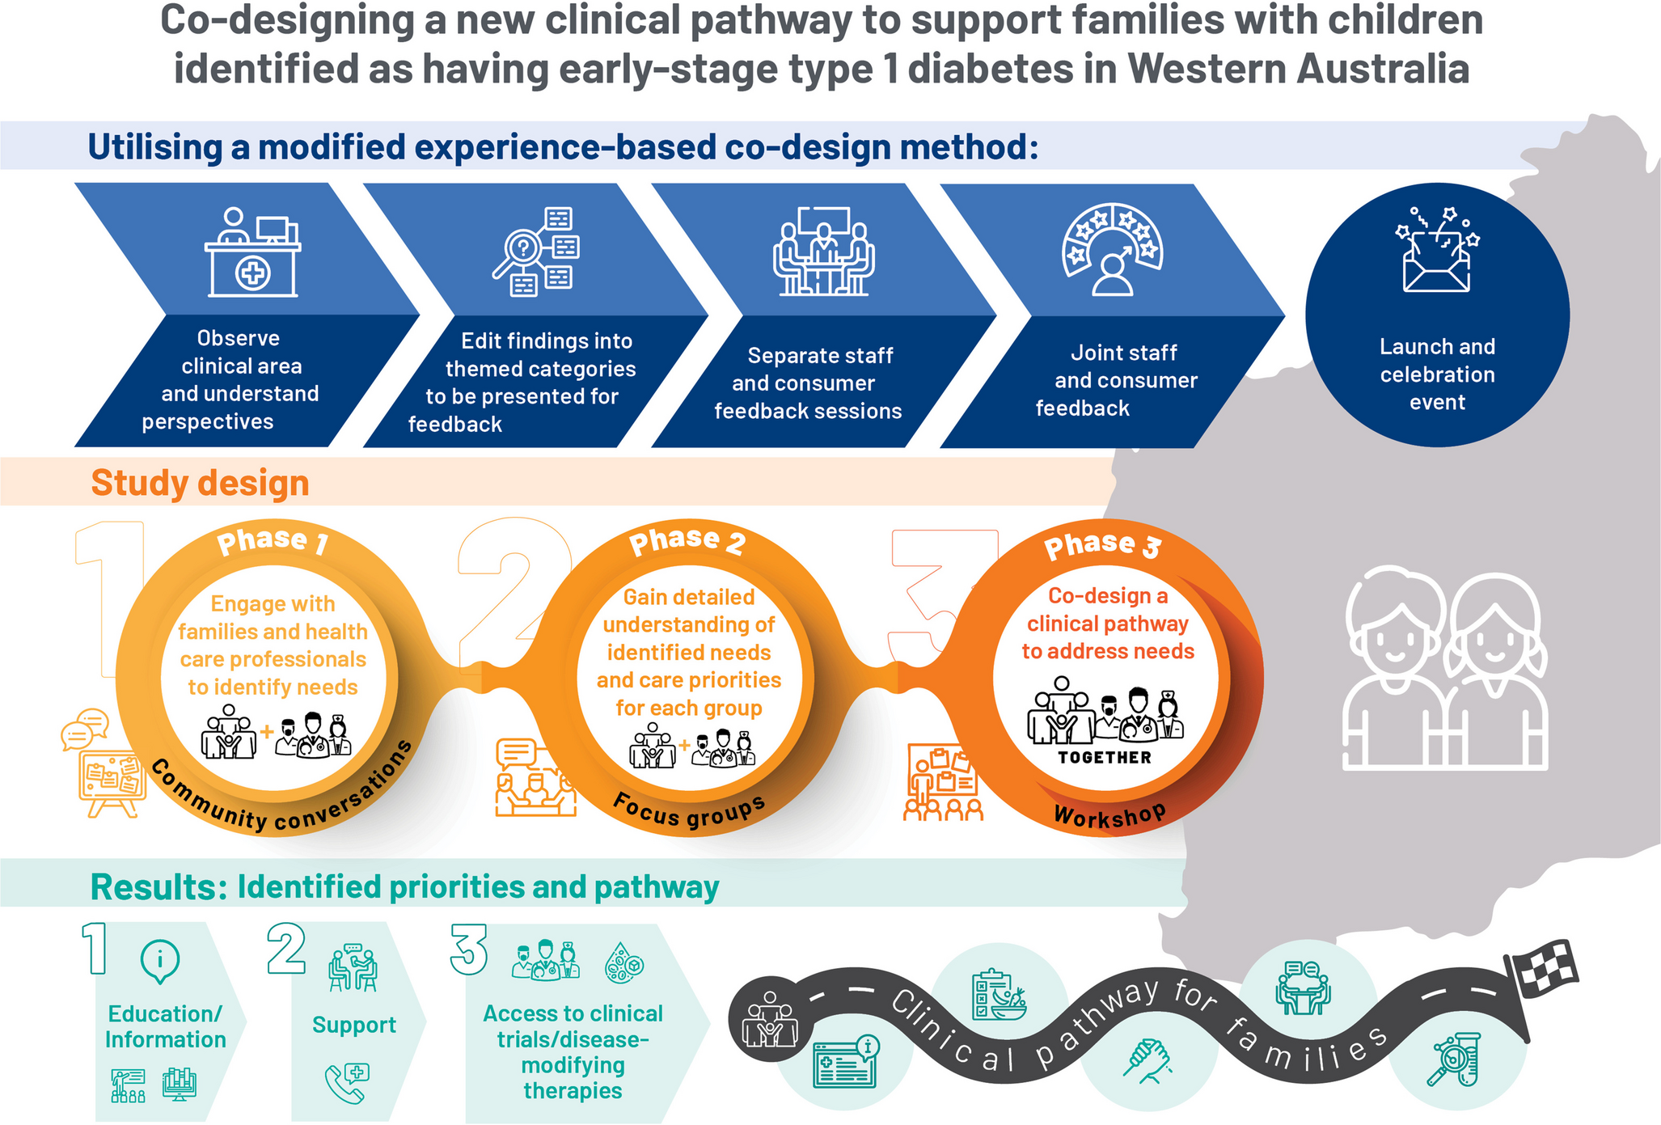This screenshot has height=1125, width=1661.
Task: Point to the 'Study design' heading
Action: (x=200, y=483)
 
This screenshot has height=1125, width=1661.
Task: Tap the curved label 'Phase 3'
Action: (x=1102, y=545)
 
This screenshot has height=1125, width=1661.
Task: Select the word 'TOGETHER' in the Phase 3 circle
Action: (x=1105, y=758)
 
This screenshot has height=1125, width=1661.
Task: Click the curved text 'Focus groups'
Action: (x=689, y=811)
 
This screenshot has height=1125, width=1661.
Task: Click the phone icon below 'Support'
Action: (x=347, y=1083)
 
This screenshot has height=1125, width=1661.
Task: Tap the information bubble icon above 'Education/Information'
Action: (x=160, y=961)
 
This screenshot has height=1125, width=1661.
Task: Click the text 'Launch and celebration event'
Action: (x=1437, y=374)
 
